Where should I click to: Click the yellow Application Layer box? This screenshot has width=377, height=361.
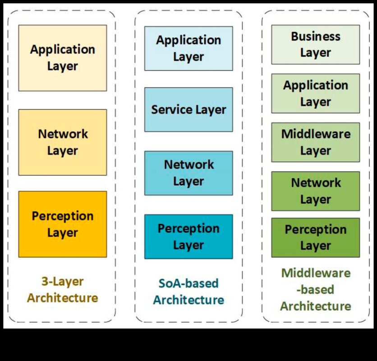coord(62,58)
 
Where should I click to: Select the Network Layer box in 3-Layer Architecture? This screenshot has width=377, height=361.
coord(62,142)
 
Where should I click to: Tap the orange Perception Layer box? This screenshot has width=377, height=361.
coord(62,224)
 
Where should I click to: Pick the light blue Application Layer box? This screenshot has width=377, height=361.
coord(188,48)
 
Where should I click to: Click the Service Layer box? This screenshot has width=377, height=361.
coord(188,110)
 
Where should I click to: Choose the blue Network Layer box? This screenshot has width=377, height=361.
coord(188,173)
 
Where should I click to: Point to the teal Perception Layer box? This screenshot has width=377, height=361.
coord(188,236)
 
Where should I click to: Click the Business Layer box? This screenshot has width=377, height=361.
coord(315,44)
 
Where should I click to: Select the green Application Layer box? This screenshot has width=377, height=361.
coord(315,93)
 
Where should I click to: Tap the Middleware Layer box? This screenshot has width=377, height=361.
coord(315,142)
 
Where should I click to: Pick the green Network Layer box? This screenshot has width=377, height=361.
coord(315,191)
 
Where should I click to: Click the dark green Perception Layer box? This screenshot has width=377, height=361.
coord(315,237)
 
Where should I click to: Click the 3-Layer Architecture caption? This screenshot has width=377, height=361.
coord(62,290)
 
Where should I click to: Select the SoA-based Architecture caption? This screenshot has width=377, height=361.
coord(188,292)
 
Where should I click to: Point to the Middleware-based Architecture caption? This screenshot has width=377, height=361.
coord(315,289)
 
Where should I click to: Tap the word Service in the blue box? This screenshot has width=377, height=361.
coord(170,110)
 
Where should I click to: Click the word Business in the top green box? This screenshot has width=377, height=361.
coord(315,36)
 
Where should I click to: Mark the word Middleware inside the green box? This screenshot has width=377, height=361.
coord(315,134)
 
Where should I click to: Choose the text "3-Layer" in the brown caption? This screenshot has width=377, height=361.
coord(62,282)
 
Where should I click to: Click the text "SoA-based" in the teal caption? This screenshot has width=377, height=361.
coord(188,283)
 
